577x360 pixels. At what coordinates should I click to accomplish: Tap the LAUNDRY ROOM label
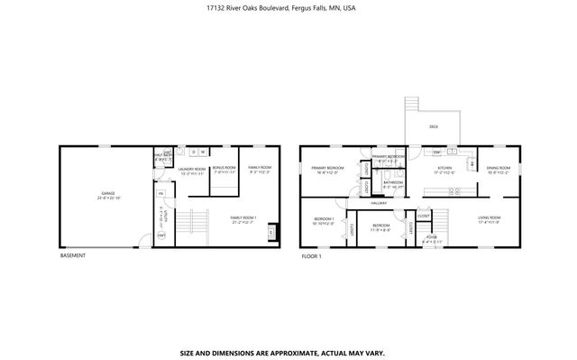193,169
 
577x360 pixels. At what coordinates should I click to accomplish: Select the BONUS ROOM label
224,168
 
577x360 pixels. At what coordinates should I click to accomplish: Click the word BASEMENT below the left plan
73,255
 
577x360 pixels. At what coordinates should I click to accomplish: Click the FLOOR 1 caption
312,255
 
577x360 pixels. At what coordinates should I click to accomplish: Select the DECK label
433,127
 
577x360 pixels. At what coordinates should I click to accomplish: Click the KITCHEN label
444,169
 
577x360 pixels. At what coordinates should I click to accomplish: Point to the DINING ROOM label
499,169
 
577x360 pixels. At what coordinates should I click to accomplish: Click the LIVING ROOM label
490,217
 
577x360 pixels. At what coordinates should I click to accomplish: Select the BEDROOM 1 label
324,218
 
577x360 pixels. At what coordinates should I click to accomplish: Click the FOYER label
432,237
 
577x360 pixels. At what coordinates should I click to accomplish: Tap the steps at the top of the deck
414,103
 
